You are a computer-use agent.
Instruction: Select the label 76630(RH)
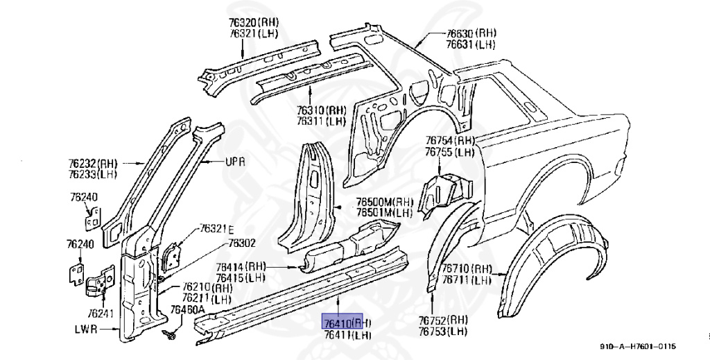pyautogui.click(x=471, y=33)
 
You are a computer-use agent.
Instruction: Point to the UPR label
pyautogui.click(x=236, y=162)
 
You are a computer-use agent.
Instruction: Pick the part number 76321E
pyautogui.click(x=217, y=228)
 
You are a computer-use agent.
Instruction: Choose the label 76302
pyautogui.click(x=243, y=243)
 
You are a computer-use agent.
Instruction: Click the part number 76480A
pyautogui.click(x=188, y=309)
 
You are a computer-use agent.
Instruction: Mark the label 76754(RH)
pyautogui.click(x=449, y=140)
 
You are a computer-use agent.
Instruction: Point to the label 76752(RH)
pyautogui.click(x=444, y=320)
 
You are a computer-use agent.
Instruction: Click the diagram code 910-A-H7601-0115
pyautogui.click(x=638, y=347)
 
